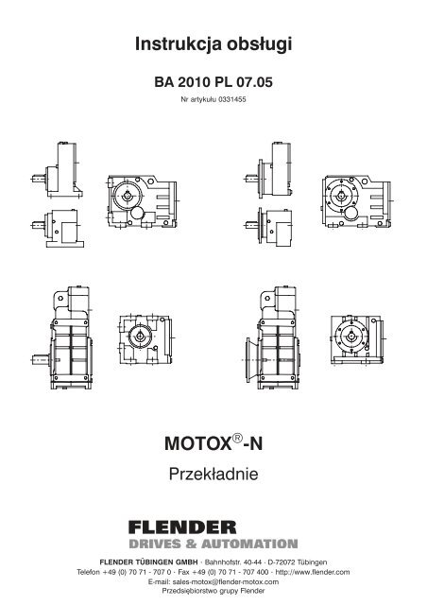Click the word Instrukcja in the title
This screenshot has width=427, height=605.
[x=179, y=44]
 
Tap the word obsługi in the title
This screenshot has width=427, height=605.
[x=259, y=44]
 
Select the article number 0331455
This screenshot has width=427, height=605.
[x=232, y=99]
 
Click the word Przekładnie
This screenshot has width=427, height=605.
[x=213, y=474]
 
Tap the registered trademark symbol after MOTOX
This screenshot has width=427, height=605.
[x=238, y=438]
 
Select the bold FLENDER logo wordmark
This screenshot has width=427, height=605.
[x=182, y=527]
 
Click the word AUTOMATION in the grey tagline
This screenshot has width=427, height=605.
[x=249, y=544]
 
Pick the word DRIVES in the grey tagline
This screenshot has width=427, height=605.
[x=155, y=544]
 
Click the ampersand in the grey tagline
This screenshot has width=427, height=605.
[x=192, y=544]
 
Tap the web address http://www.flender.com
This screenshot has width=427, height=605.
[x=313, y=572]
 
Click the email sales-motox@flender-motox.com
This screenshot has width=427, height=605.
[x=226, y=581]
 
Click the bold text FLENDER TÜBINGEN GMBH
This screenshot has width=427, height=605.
[x=148, y=562]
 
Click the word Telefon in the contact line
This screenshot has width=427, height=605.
[x=88, y=572]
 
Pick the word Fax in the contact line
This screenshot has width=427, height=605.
[x=183, y=572]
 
